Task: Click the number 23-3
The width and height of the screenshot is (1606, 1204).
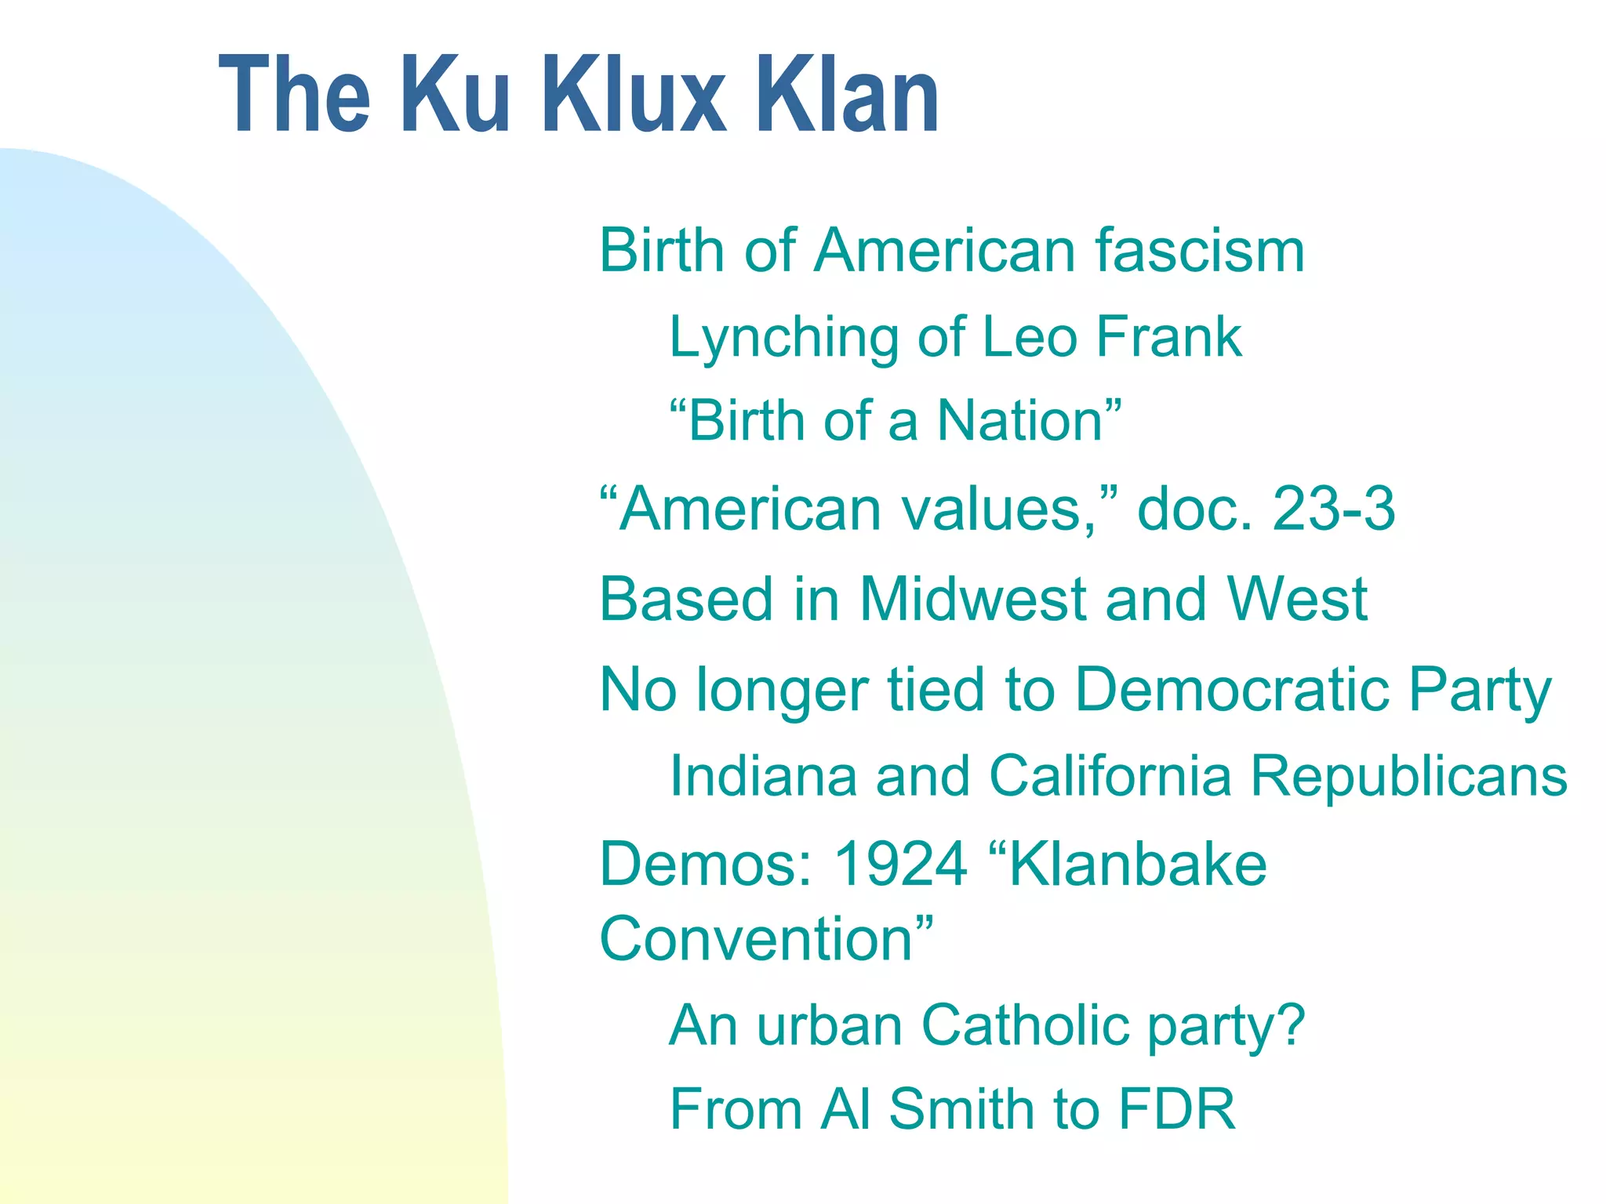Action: [x=1334, y=509]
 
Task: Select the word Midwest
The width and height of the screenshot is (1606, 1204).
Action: [x=972, y=600]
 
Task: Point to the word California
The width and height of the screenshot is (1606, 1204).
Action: [x=1110, y=776]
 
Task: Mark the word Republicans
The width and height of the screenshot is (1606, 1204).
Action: [x=1408, y=776]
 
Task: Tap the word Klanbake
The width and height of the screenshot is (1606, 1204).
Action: [x=1137, y=865]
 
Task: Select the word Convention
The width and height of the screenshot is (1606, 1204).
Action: [x=756, y=939]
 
